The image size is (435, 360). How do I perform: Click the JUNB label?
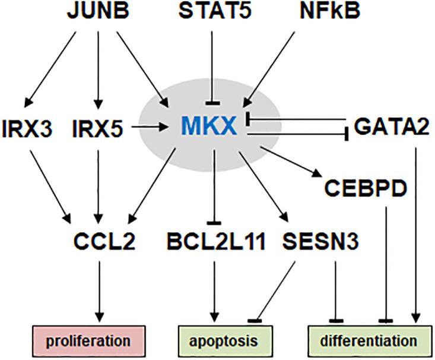click(98, 11)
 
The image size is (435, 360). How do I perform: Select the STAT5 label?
click(215, 11)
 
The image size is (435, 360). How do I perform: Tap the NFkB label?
click(330, 11)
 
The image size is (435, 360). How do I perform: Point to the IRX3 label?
click(27, 129)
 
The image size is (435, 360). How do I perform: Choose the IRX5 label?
click(98, 129)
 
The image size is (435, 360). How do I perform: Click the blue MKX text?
click(209, 126)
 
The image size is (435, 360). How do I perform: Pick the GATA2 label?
click(392, 127)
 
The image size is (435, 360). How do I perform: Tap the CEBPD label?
click(366, 188)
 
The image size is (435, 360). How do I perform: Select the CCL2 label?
click(104, 241)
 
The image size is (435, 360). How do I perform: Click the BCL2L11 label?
click(216, 241)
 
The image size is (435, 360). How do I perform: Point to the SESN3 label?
click(320, 241)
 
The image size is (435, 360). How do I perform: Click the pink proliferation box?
click(89, 341)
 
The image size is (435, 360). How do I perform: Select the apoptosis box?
click(225, 341)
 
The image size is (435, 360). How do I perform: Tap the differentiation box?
click(370, 341)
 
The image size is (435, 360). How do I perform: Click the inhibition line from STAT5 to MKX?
click(213, 68)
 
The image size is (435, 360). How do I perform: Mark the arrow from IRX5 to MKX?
click(150, 127)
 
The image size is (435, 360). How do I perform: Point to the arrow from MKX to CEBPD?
click(290, 162)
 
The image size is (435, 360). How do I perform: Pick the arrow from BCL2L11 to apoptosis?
click(214, 292)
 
